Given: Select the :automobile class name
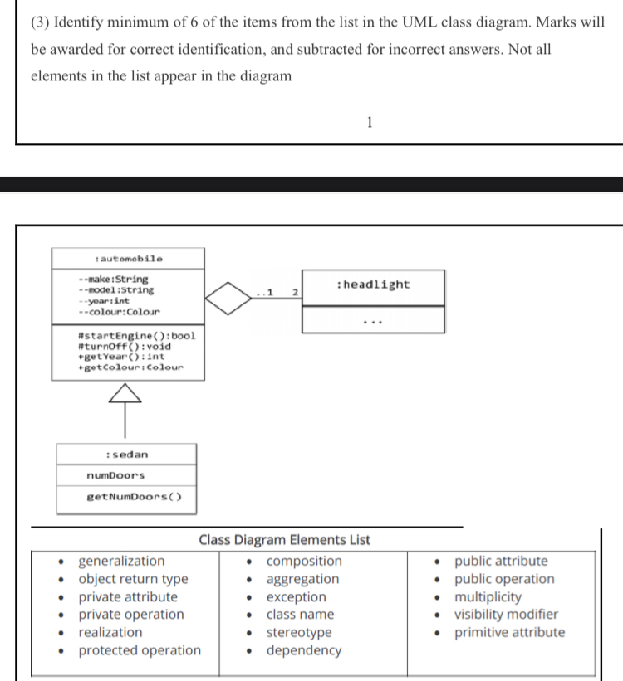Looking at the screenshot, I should (x=129, y=259).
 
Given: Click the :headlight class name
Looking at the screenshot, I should (x=374, y=285).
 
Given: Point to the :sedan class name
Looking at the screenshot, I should (x=127, y=455).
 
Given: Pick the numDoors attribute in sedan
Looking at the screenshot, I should (x=115, y=475).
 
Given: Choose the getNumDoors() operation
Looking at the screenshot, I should (x=135, y=497).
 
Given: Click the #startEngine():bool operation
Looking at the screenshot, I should (x=135, y=335).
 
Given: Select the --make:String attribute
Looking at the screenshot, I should (x=113, y=280).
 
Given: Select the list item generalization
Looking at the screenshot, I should (x=121, y=561).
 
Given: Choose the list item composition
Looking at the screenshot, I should (x=304, y=561).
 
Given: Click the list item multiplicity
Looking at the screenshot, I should (x=488, y=596).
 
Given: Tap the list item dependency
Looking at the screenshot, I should (x=304, y=650).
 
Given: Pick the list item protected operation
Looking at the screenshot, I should (x=140, y=650).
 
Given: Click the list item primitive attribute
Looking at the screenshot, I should (x=509, y=632).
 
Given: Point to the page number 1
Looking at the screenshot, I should (x=370, y=124).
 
